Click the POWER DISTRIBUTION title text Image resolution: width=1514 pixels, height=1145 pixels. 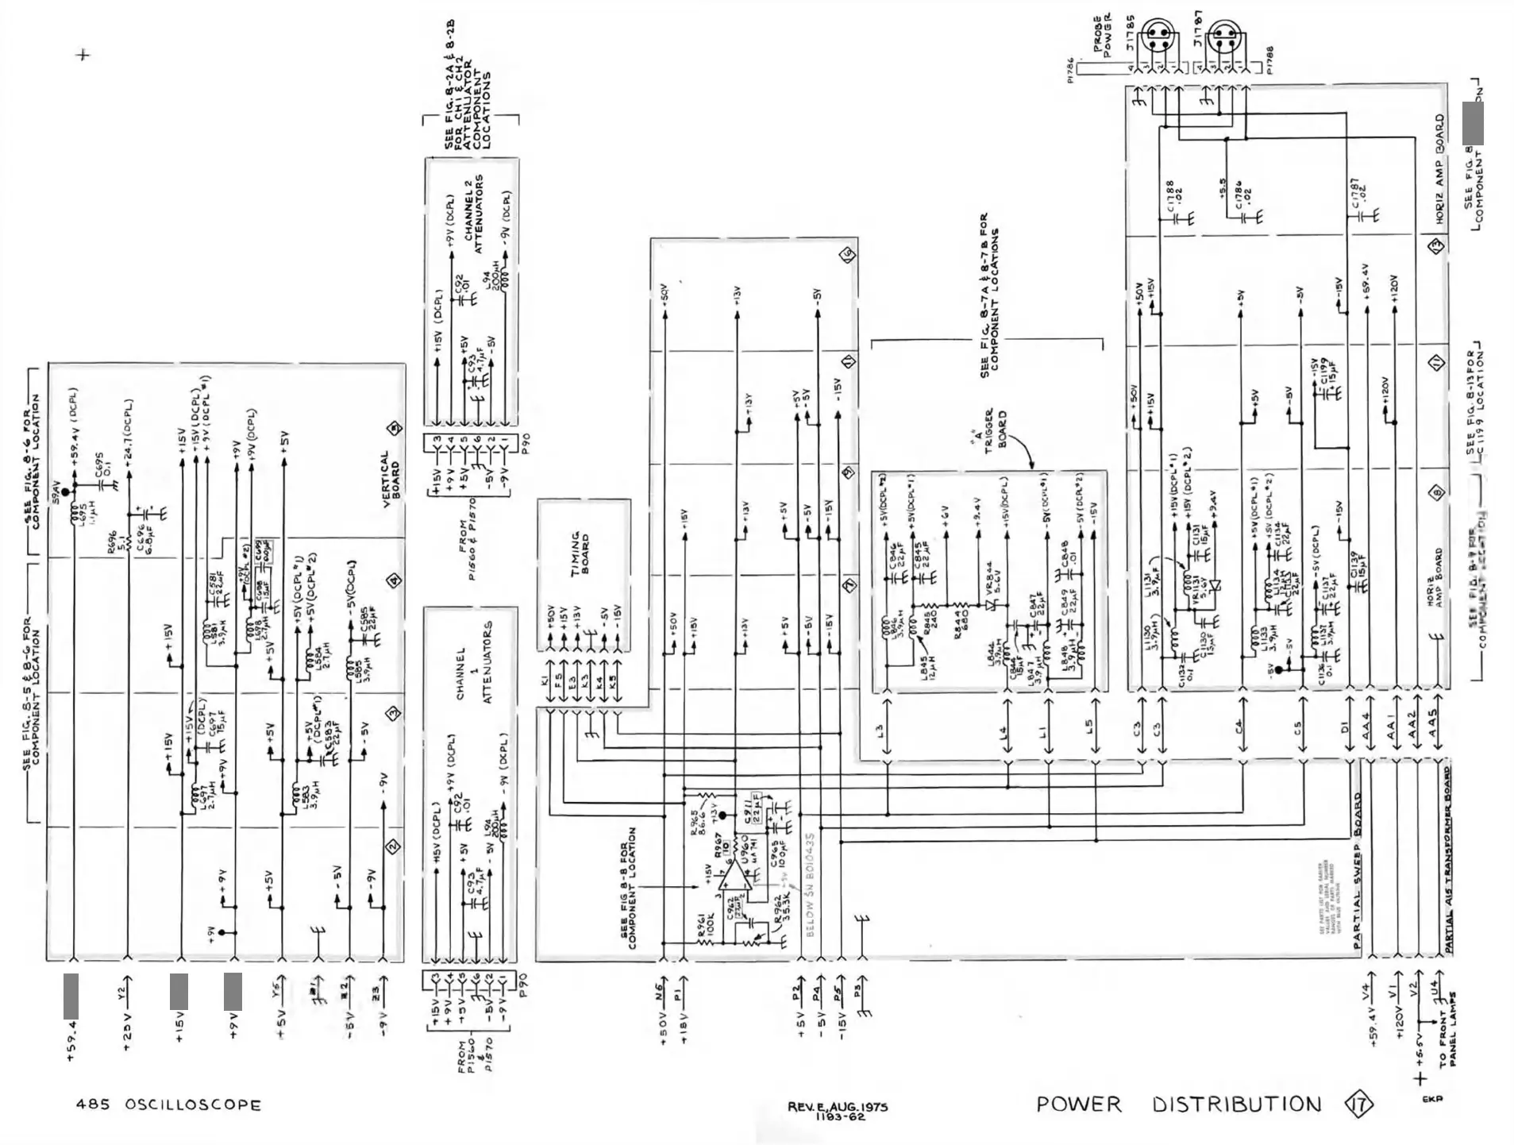[x=1178, y=1105]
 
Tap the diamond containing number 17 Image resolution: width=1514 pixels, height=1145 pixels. [x=1358, y=1105]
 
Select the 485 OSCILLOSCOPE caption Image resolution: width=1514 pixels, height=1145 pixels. [x=168, y=1105]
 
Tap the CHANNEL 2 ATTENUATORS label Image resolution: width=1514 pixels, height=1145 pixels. [x=473, y=214]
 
